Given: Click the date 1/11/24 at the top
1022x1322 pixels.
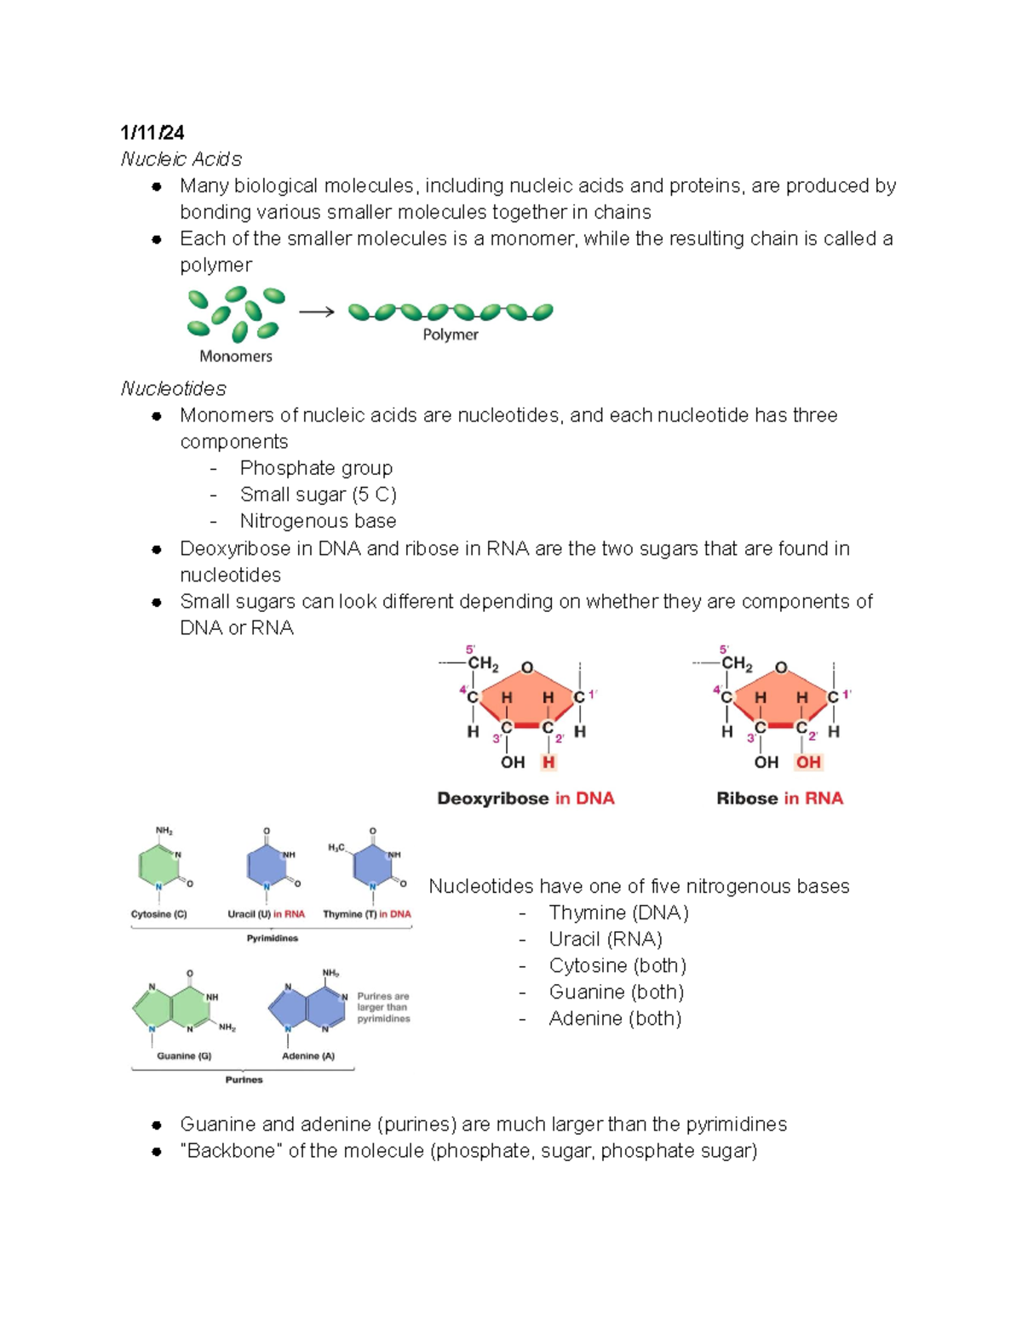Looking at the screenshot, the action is pyautogui.click(x=152, y=132).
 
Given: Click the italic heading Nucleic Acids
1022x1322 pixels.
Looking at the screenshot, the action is pyautogui.click(x=181, y=159).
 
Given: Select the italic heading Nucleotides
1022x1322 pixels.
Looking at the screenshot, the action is pyautogui.click(x=173, y=389).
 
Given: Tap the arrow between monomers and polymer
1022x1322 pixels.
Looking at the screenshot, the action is pyautogui.click(x=316, y=312).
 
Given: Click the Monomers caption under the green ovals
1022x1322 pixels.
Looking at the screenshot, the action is pyautogui.click(x=235, y=357).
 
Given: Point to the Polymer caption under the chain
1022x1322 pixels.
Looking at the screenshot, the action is pyautogui.click(x=451, y=335).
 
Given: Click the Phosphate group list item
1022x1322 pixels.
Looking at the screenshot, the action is pyautogui.click(x=316, y=468).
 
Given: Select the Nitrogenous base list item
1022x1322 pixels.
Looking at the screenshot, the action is pyautogui.click(x=318, y=521).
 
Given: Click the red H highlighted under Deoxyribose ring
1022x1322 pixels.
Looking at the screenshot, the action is pyautogui.click(x=548, y=763).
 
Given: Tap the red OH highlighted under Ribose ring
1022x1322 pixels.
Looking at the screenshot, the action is pyautogui.click(x=808, y=763).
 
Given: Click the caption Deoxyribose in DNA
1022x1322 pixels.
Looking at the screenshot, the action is pyautogui.click(x=525, y=798).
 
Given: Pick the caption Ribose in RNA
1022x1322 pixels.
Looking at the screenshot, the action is pyautogui.click(x=779, y=798).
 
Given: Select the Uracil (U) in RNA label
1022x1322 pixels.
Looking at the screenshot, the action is pyautogui.click(x=266, y=914).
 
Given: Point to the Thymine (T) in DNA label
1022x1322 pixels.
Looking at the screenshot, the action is pyautogui.click(x=366, y=914).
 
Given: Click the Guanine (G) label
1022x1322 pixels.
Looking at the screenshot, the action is pyautogui.click(x=184, y=1056).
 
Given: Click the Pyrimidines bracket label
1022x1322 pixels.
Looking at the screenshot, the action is pyautogui.click(x=273, y=938).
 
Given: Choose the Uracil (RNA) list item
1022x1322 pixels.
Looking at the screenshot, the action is pyautogui.click(x=606, y=939).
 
